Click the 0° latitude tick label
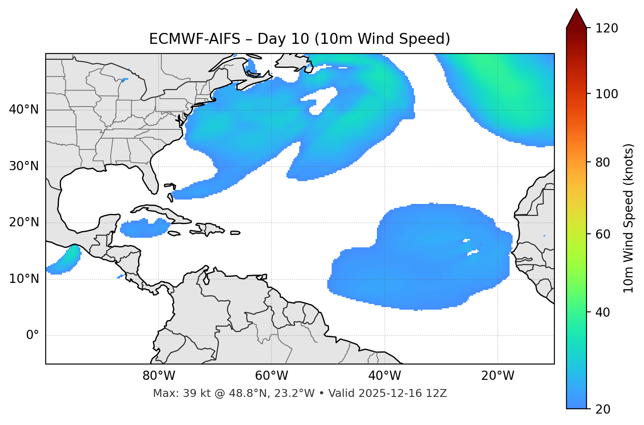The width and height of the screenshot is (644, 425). click(32, 336)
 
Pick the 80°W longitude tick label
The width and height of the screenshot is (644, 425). click(159, 376)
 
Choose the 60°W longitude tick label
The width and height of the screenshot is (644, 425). click(271, 376)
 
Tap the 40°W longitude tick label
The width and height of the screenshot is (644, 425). click(385, 376)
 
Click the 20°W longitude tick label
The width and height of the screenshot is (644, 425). click(498, 376)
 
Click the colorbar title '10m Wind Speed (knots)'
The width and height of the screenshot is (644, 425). click(629, 218)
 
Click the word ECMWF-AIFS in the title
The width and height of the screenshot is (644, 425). click(195, 39)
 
